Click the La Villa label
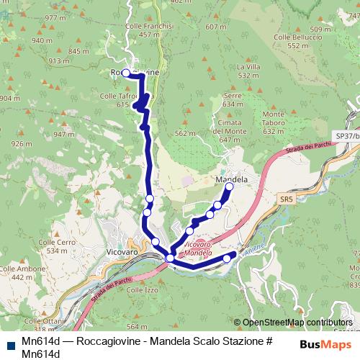click(x=248, y=66)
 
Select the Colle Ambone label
click(x=32, y=269)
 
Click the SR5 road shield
click(x=287, y=199)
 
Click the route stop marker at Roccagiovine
click(x=125, y=73)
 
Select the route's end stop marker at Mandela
click(x=229, y=187)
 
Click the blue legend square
click(x=10, y=343)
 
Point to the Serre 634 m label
click(x=233, y=99)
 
